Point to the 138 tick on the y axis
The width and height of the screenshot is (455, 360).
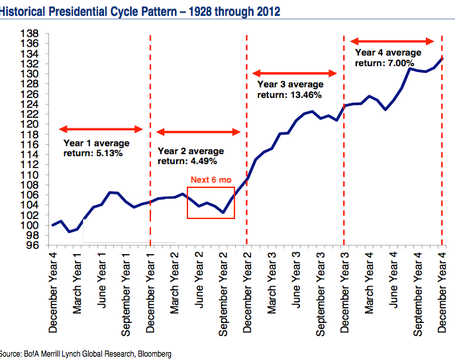pos(31,34)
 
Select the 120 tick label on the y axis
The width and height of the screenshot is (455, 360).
pos(31,124)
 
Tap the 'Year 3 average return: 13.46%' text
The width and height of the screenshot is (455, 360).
pos(289,89)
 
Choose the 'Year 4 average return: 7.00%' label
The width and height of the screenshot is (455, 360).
pos(388,57)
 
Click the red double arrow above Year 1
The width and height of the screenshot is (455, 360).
pos(101,128)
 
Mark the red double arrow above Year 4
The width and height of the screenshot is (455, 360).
pos(392,41)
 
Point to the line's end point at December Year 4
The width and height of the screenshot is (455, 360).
pos(442,58)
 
